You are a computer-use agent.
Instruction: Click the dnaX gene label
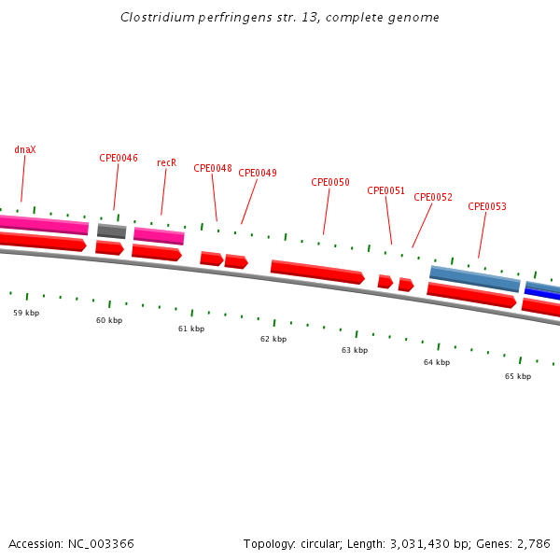pos(25,149)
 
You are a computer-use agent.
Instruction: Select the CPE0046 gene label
pos(119,158)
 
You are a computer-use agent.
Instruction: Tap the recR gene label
pos(166,162)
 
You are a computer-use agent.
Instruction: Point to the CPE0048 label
pos(213,168)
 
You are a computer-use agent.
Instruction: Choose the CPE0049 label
pos(258,173)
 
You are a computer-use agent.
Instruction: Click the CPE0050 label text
pos(330,182)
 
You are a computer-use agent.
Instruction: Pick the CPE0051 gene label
pos(386,190)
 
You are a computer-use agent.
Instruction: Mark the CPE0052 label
pos(433,197)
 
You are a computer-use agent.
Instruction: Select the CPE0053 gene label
pos(487,206)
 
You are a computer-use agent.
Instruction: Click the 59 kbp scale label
pos(26,313)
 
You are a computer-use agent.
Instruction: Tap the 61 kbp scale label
pos(191,329)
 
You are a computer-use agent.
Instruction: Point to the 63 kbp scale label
pos(355,350)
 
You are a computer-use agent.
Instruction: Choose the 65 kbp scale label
pos(518,376)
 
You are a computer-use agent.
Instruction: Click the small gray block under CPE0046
pos(111,231)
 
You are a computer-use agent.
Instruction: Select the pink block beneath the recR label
pos(159,235)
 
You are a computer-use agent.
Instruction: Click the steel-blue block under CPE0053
pos(474,278)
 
